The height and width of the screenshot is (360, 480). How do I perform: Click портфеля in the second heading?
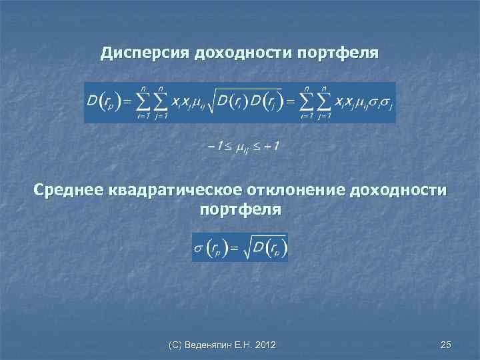click(x=241, y=209)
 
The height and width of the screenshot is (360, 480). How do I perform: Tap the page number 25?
click(x=446, y=345)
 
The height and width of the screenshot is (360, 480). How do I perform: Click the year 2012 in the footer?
click(x=265, y=345)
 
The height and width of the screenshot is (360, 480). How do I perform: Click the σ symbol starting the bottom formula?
click(x=197, y=248)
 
